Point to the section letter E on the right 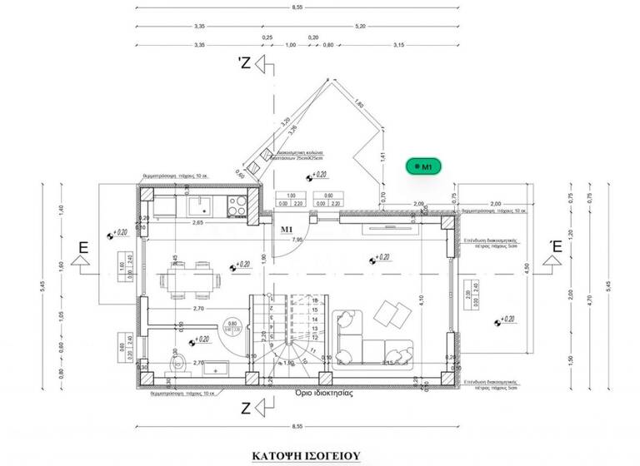tap(554, 247)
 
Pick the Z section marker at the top tap(245, 63)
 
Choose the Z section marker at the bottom tap(245, 408)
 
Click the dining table tap(188, 279)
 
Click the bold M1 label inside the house tap(288, 228)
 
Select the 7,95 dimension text tap(297, 240)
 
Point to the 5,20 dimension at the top tap(360, 27)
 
